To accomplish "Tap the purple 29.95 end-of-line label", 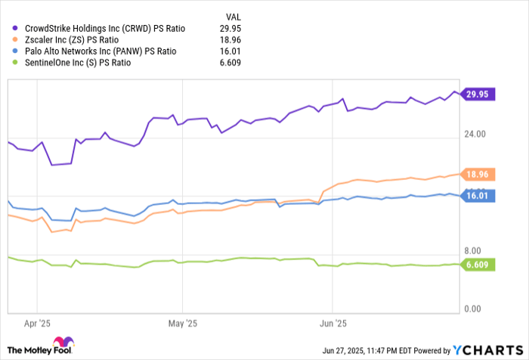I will tap(476, 94).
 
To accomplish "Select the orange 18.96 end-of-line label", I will tap(476, 175).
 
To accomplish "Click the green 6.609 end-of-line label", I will tap(476, 265).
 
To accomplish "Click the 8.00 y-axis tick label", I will tap(475, 251).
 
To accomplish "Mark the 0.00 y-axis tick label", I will tap(475, 309).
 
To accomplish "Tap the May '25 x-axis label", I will tap(181, 322).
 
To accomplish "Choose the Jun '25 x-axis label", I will tap(333, 322).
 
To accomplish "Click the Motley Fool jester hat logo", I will tap(64, 342).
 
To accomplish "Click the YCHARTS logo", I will tap(487, 349).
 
